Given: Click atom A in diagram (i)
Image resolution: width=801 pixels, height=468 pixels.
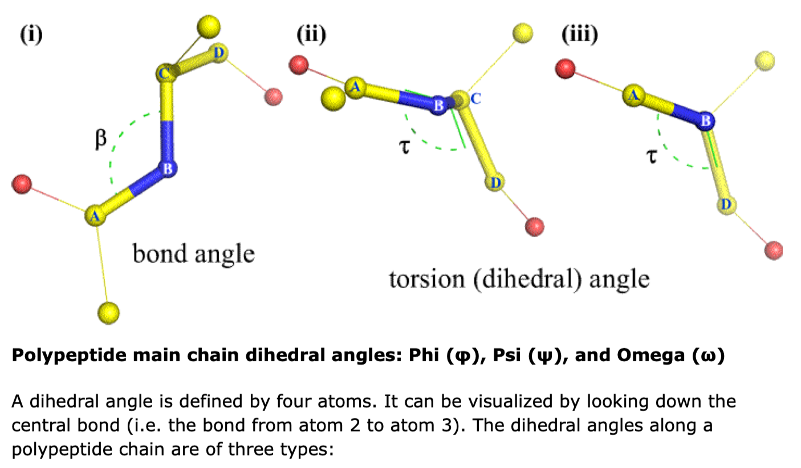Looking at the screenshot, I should pyautogui.click(x=95, y=216).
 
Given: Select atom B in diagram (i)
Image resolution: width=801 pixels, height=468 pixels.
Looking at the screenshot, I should pyautogui.click(x=168, y=168).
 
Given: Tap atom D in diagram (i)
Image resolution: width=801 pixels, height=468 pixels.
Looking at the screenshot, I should pyautogui.click(x=219, y=53).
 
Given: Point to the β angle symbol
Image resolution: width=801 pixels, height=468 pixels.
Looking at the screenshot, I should pyautogui.click(x=100, y=139).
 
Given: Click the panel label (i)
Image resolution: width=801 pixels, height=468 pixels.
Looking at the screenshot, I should pyautogui.click(x=31, y=35).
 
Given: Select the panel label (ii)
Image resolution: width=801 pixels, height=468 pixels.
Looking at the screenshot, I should pyautogui.click(x=311, y=35).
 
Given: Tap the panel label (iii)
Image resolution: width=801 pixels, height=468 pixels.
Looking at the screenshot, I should pyautogui.click(x=579, y=35).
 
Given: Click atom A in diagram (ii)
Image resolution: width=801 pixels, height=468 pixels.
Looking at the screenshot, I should pyautogui.click(x=355, y=87).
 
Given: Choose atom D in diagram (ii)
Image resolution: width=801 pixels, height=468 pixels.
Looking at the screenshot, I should pyautogui.click(x=495, y=183).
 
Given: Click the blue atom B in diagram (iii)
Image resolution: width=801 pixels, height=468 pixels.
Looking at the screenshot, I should pyautogui.click(x=705, y=120).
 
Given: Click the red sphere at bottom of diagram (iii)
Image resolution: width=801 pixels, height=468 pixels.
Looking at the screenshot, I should pyautogui.click(x=774, y=249).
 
